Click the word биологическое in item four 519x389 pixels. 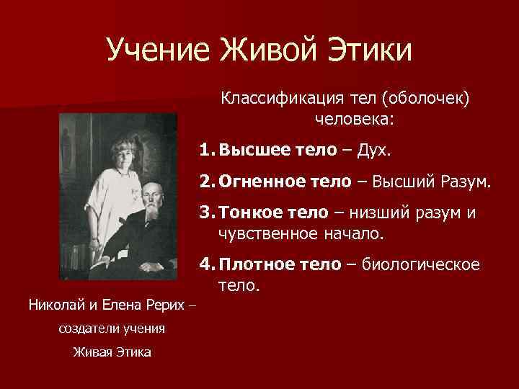420,265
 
